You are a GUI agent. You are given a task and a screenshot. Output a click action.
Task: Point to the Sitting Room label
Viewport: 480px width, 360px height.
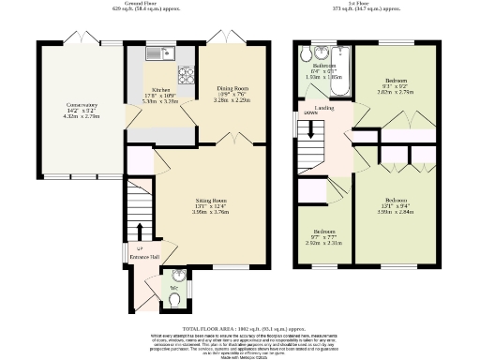211,201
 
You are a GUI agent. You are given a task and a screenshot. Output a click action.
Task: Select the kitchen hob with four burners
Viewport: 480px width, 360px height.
185,71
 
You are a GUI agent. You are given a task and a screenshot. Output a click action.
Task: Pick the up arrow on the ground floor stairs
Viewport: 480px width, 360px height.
140,230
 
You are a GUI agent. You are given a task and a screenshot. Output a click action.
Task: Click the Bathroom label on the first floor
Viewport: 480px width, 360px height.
324,66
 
